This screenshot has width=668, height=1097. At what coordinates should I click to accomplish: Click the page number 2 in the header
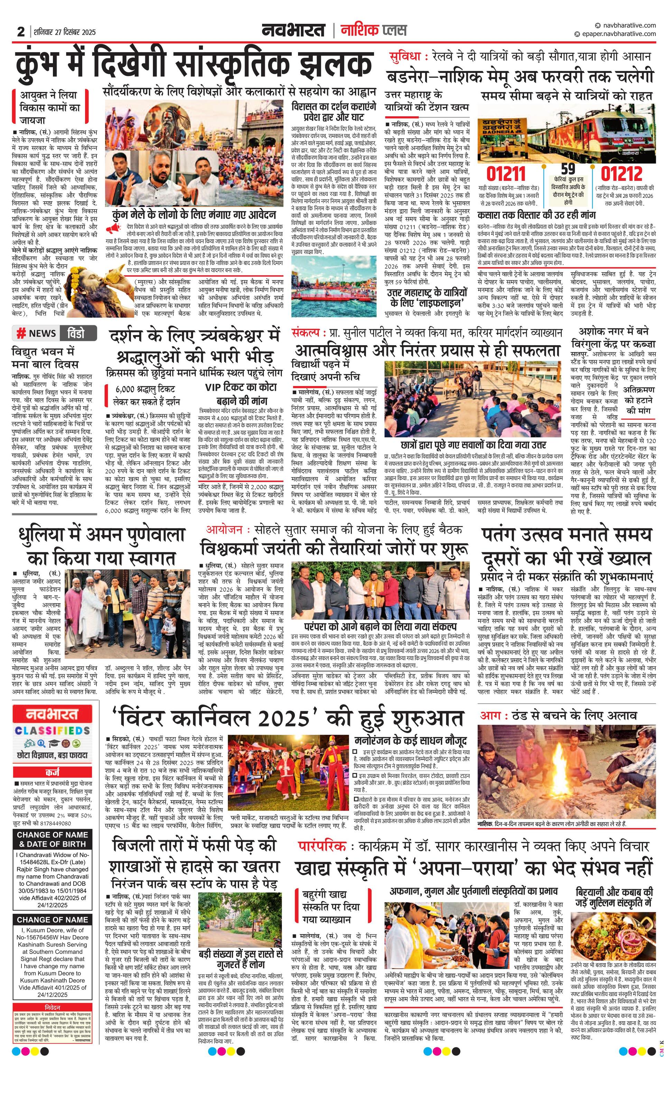click(21, 31)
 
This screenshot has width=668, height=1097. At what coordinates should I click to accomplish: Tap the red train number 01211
click(505, 174)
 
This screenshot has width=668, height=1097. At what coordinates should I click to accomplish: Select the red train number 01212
click(622, 174)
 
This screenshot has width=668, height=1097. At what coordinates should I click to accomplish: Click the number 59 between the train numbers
click(568, 169)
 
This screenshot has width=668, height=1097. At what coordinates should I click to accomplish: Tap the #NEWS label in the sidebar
click(37, 333)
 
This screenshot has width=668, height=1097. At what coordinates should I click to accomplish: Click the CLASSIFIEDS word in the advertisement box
click(52, 731)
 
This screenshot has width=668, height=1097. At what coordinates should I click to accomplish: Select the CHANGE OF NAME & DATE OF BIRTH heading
click(52, 839)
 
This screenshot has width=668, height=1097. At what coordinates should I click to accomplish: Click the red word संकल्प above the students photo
click(306, 333)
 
